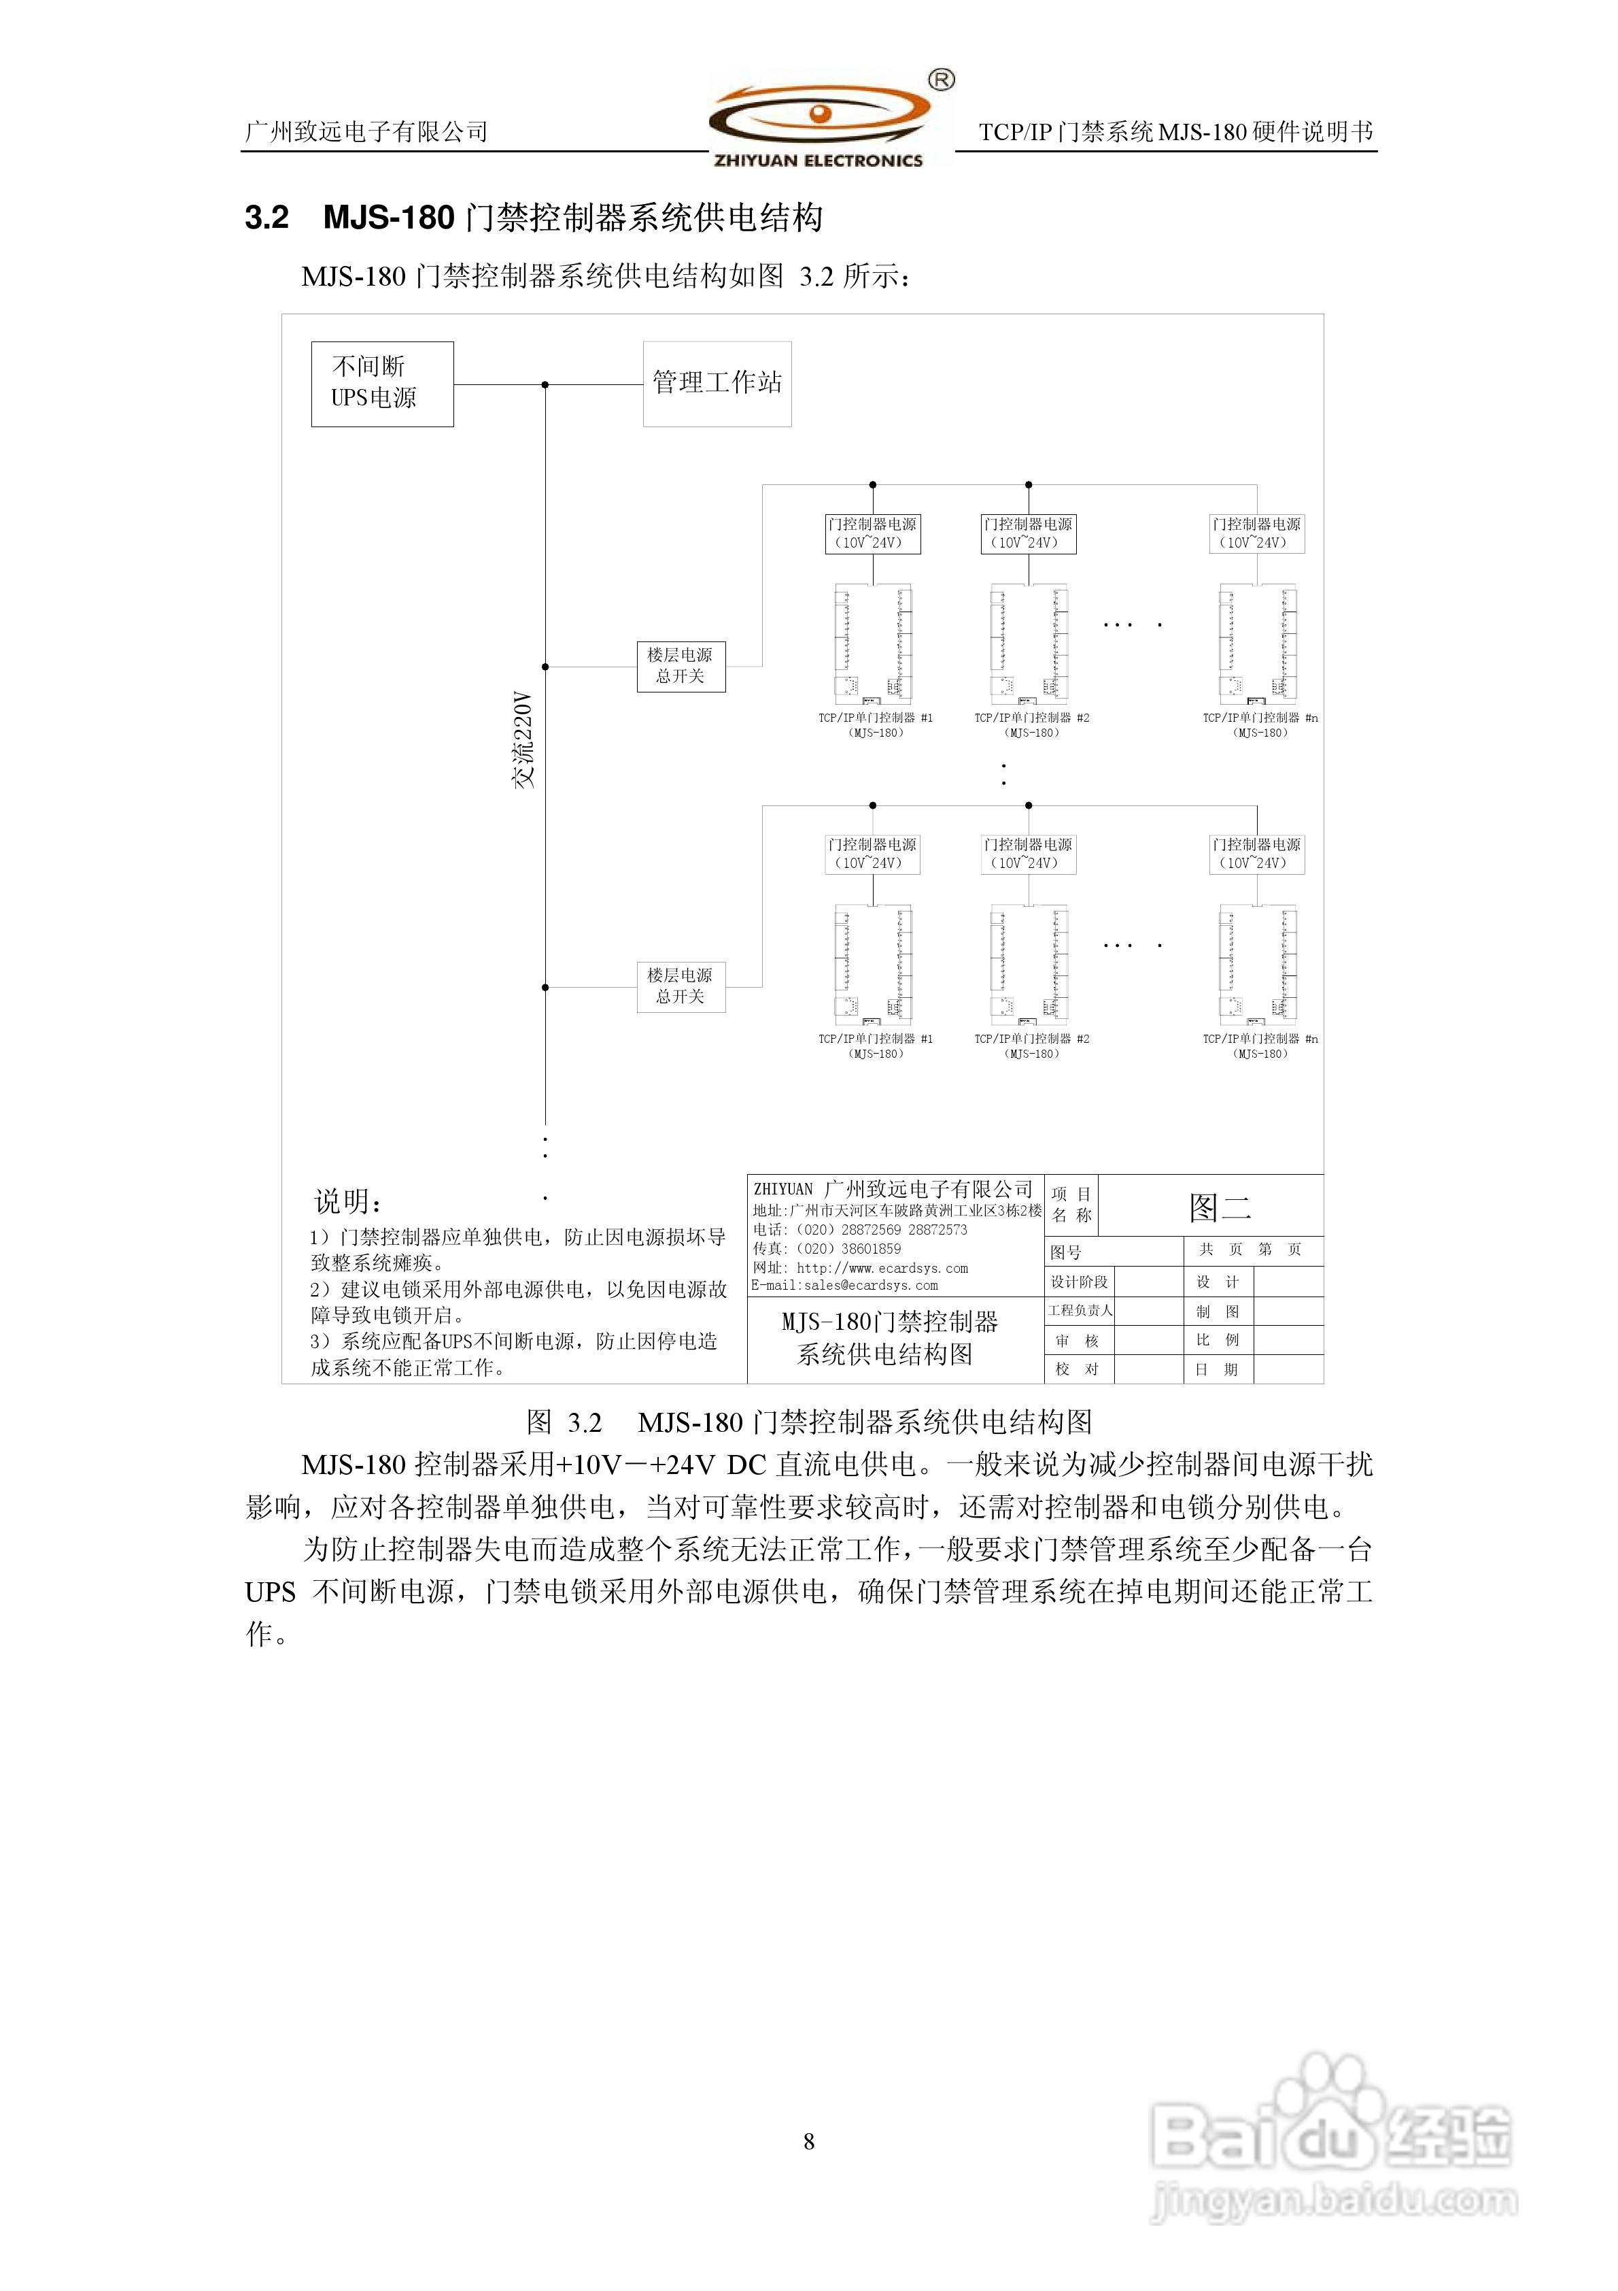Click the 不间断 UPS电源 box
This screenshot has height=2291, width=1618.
point(382,384)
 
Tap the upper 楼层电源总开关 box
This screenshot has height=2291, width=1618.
point(681,665)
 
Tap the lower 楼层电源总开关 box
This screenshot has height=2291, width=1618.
point(681,986)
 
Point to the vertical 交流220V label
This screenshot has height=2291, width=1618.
point(523,739)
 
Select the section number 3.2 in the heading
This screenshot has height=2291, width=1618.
point(266,218)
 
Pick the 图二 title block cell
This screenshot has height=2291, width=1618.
point(1219,1207)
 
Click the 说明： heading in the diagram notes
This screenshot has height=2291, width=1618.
point(349,1201)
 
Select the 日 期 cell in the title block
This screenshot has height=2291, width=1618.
point(1217,1369)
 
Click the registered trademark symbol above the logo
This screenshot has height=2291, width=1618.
point(941,80)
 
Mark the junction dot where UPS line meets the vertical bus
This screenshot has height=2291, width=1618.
point(545,384)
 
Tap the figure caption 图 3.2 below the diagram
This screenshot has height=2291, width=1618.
point(565,1421)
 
